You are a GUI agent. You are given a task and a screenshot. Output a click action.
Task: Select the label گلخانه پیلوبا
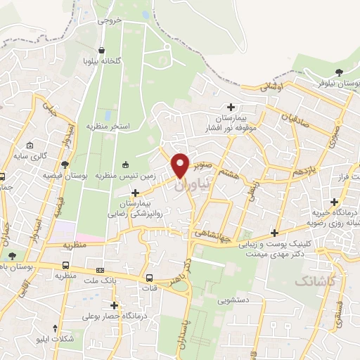[103, 61]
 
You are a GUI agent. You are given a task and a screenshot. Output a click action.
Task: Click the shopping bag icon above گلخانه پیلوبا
[103, 51]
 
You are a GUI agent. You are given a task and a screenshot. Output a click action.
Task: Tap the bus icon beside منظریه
[65, 266]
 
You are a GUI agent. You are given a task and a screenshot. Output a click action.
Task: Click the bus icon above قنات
[148, 277]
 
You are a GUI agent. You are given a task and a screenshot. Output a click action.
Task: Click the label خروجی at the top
[110, 20]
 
